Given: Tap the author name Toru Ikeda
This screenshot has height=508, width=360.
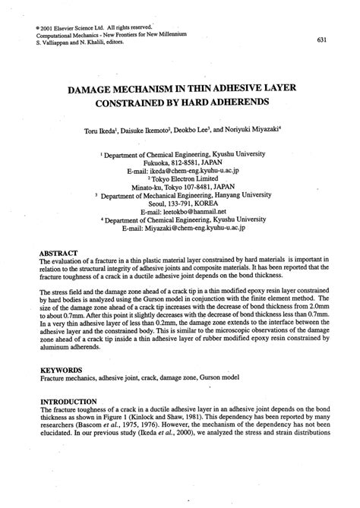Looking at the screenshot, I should coord(114,131).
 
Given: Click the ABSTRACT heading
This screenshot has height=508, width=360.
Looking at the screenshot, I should coord(61,252).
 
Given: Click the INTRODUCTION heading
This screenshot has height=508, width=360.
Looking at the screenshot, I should coord(69,402).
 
